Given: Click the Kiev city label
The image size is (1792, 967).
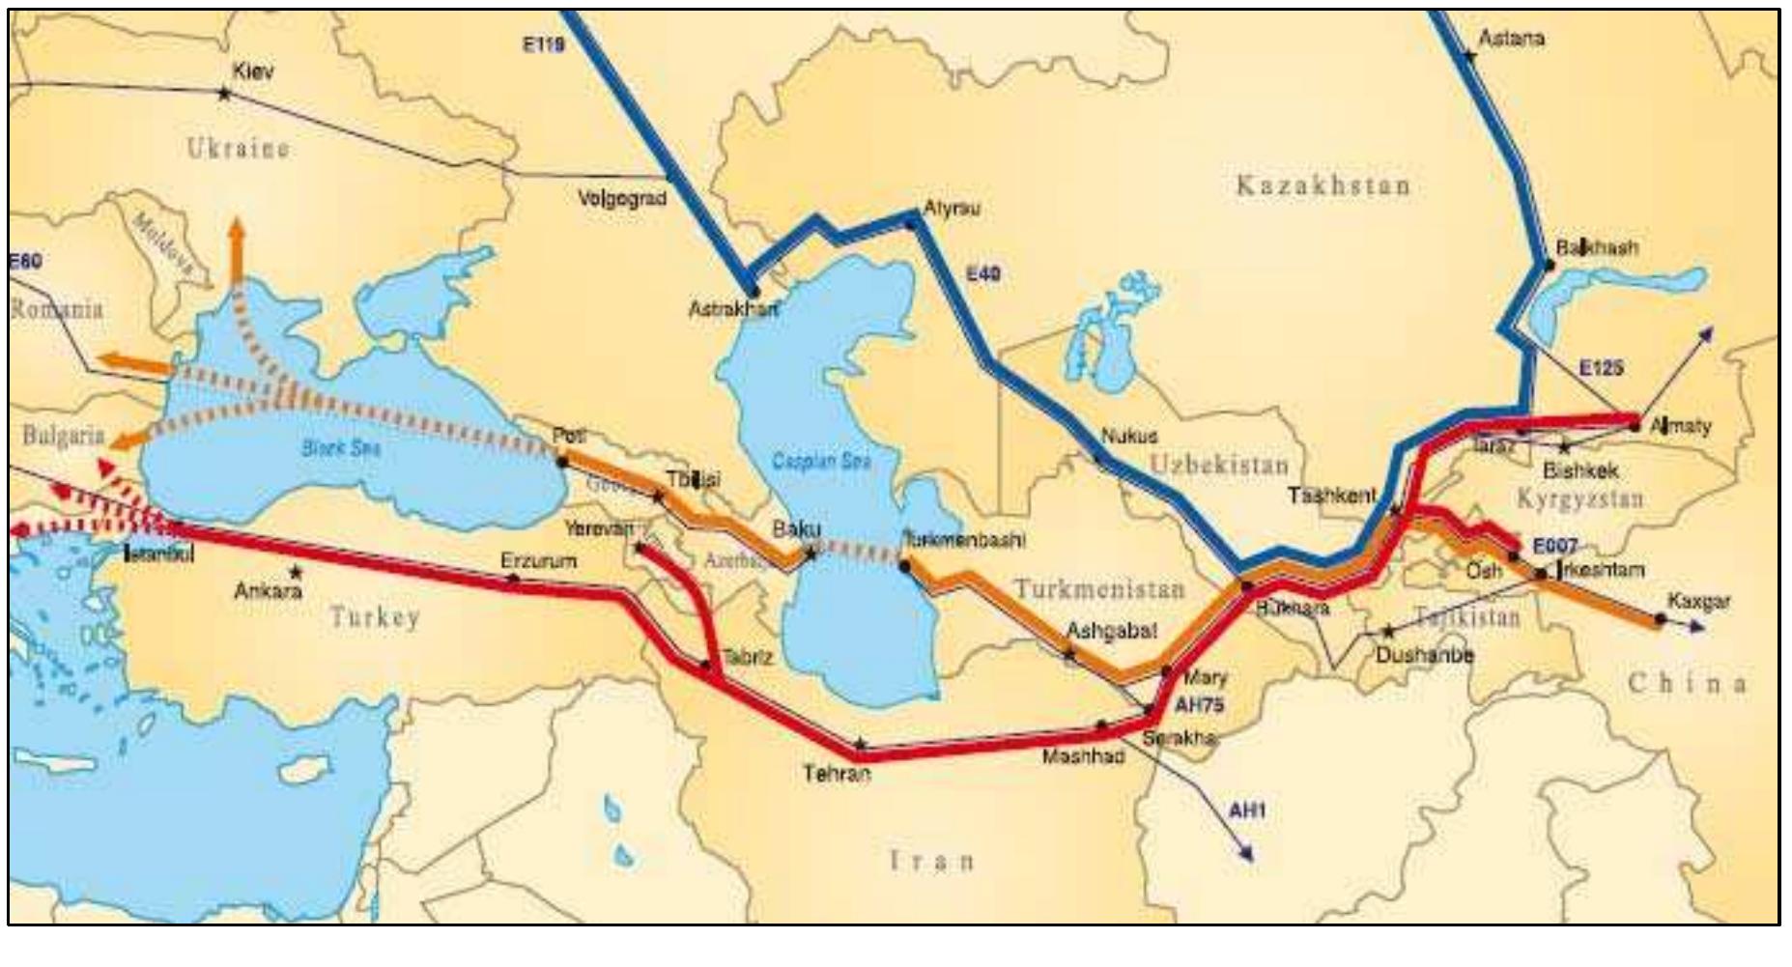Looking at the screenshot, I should (253, 71).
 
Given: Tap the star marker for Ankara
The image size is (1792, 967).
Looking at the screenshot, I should (296, 572).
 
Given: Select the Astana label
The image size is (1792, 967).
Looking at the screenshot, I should (1512, 39).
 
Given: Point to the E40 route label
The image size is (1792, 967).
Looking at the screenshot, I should (983, 274).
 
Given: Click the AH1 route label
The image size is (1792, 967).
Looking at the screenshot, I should (1246, 810).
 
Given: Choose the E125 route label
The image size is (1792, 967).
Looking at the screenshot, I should (1601, 368).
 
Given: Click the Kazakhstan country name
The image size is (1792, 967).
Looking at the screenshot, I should (1323, 185).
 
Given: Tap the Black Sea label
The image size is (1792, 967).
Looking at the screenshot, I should (341, 447).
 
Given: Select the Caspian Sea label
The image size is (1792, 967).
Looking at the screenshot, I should (821, 461).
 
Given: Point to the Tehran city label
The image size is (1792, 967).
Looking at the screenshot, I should (837, 773).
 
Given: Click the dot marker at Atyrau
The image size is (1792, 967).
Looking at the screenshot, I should (909, 223).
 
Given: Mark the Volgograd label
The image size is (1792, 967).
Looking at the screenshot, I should (622, 199).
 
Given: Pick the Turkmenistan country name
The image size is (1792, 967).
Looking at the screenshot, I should (1098, 588).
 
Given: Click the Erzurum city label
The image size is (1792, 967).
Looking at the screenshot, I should (538, 560).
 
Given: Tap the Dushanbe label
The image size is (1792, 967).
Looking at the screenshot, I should (1425, 655).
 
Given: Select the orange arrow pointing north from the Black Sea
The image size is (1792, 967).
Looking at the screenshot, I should (235, 249).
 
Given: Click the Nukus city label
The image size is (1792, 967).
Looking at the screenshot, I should (1128, 436).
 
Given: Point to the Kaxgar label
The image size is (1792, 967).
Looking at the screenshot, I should (1698, 602).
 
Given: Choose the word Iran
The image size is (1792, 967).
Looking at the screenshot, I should (931, 860).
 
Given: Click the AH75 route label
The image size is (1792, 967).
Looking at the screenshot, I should (1199, 705).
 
